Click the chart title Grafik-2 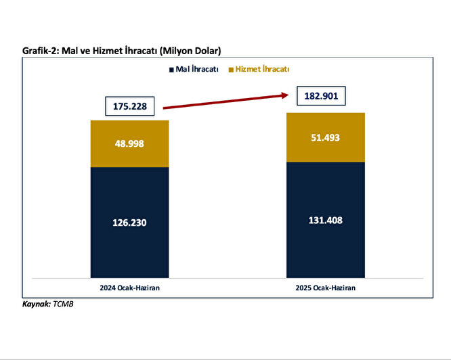(122, 51)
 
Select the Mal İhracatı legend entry (197, 69)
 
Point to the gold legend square (232, 70)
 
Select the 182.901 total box (322, 95)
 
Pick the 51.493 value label (326, 138)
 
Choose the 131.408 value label (326, 219)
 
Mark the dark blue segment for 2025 (326, 250)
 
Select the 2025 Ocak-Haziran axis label (326, 288)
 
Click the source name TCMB (63, 305)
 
